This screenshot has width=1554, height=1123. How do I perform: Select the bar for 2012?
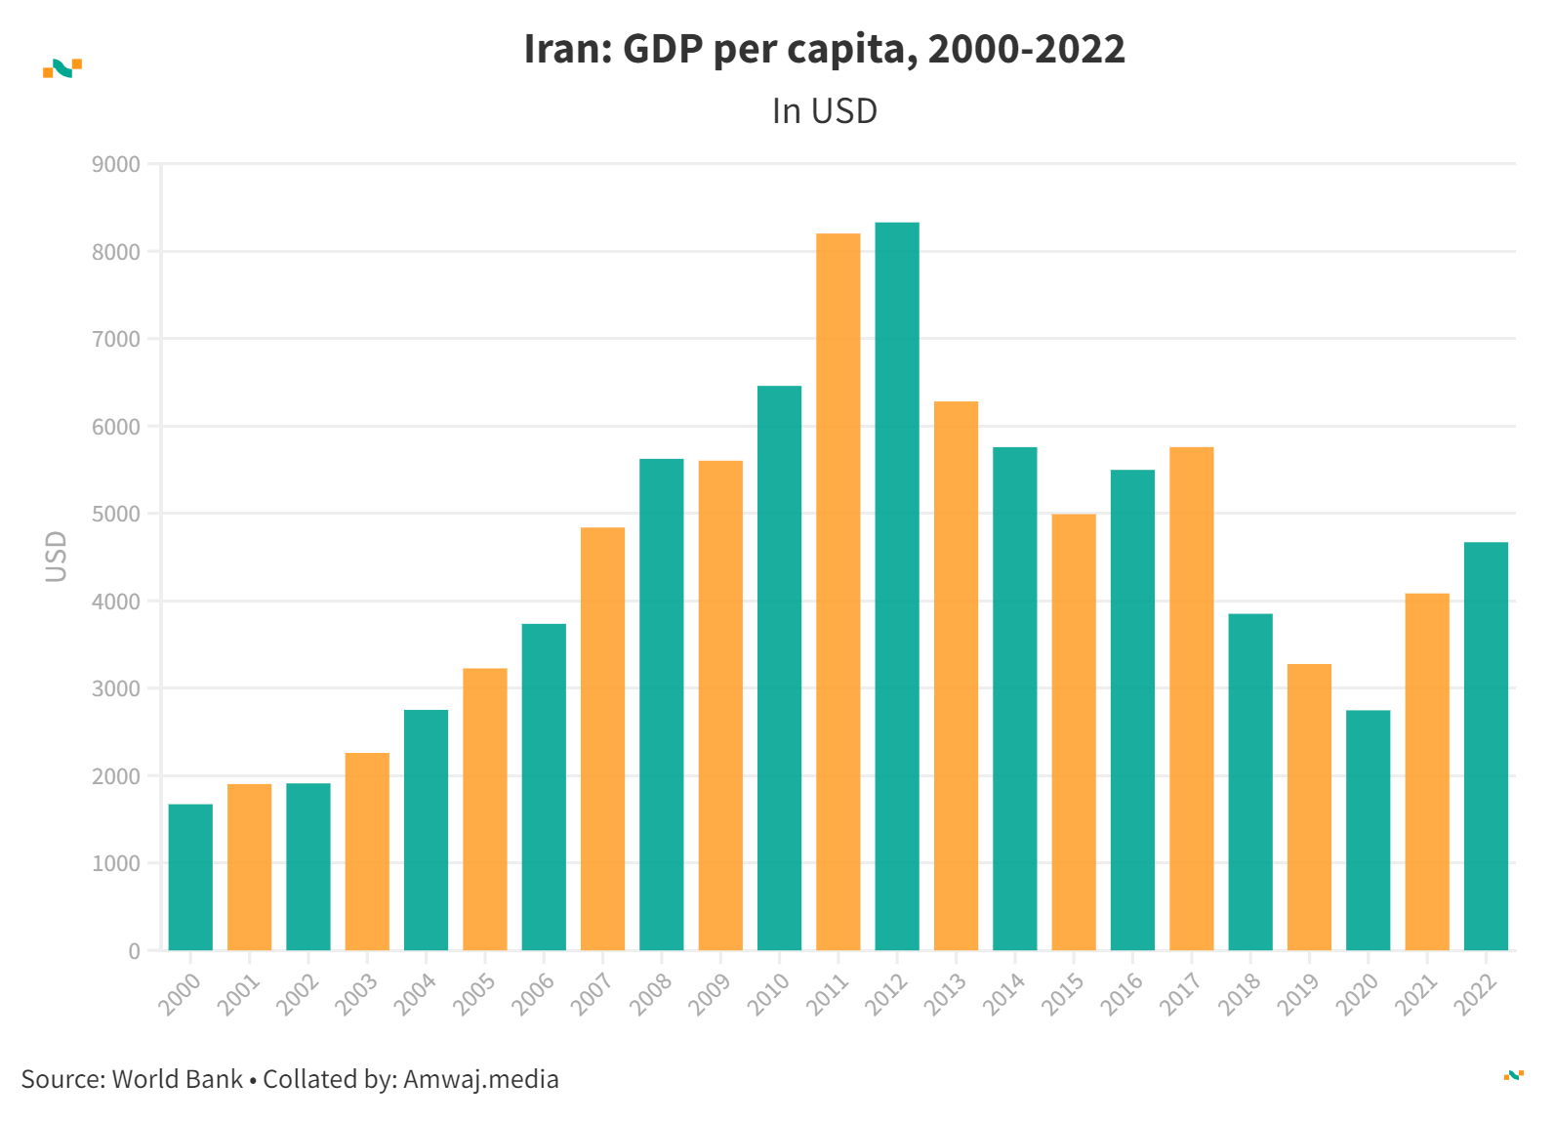897,586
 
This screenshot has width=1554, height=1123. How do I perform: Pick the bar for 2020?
1368,830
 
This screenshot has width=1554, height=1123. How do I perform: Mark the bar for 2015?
1074,731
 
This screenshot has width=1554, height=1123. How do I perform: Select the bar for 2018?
1250,781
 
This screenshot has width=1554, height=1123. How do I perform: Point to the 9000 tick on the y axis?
116,164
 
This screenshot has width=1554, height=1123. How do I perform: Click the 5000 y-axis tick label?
116,514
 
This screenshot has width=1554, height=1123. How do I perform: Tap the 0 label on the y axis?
134,951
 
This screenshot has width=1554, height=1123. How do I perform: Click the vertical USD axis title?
57,557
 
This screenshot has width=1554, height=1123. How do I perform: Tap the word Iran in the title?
565,49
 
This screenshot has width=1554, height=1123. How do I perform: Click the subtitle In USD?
824,111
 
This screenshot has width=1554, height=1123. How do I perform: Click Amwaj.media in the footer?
480,1079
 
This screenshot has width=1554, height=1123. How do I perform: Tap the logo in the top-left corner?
62,67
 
